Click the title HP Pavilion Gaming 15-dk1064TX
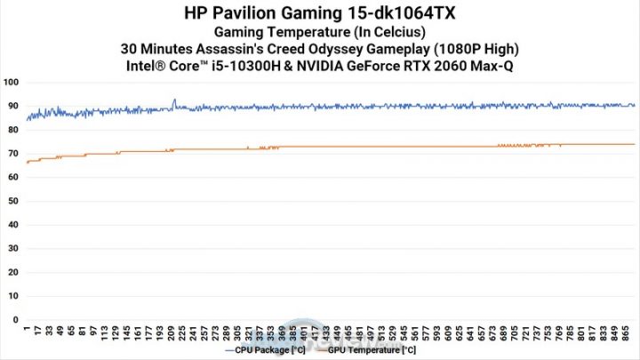319,13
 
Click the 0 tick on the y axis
15,318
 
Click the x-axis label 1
27,328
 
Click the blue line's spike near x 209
174,100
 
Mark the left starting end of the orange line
27,163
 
